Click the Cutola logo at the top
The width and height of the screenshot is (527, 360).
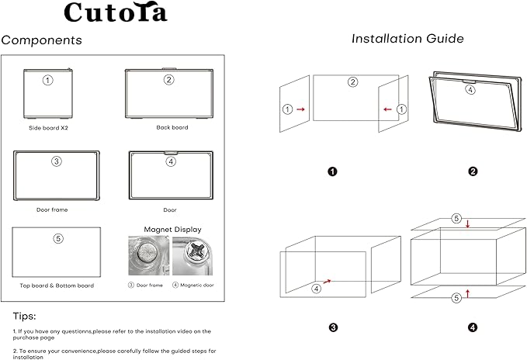[116, 12]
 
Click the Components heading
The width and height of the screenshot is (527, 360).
[41, 40]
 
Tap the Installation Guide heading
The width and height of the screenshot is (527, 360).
[407, 38]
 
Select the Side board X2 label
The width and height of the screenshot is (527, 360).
[48, 127]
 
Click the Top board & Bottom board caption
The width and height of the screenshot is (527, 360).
[57, 286]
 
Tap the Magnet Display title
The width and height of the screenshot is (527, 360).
[172, 229]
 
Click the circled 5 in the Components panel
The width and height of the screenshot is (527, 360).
[57, 239]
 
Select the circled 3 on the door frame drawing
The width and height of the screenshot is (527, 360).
[56, 162]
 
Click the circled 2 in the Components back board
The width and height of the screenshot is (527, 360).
[168, 80]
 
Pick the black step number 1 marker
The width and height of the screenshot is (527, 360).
[332, 171]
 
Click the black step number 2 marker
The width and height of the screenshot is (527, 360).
[471, 171]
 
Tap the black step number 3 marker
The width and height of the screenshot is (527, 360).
[333, 327]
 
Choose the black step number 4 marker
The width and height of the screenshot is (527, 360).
[473, 327]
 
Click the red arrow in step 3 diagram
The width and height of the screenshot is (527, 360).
[329, 280]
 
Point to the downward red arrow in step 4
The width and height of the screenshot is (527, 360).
[468, 225]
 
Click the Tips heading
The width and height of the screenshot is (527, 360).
[24, 316]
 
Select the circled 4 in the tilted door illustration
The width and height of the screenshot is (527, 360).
[470, 89]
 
